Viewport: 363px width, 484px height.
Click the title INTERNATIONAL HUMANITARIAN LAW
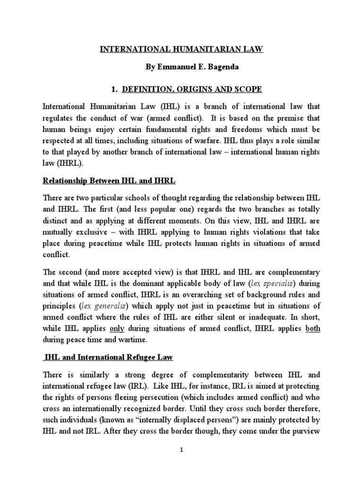(182, 48)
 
